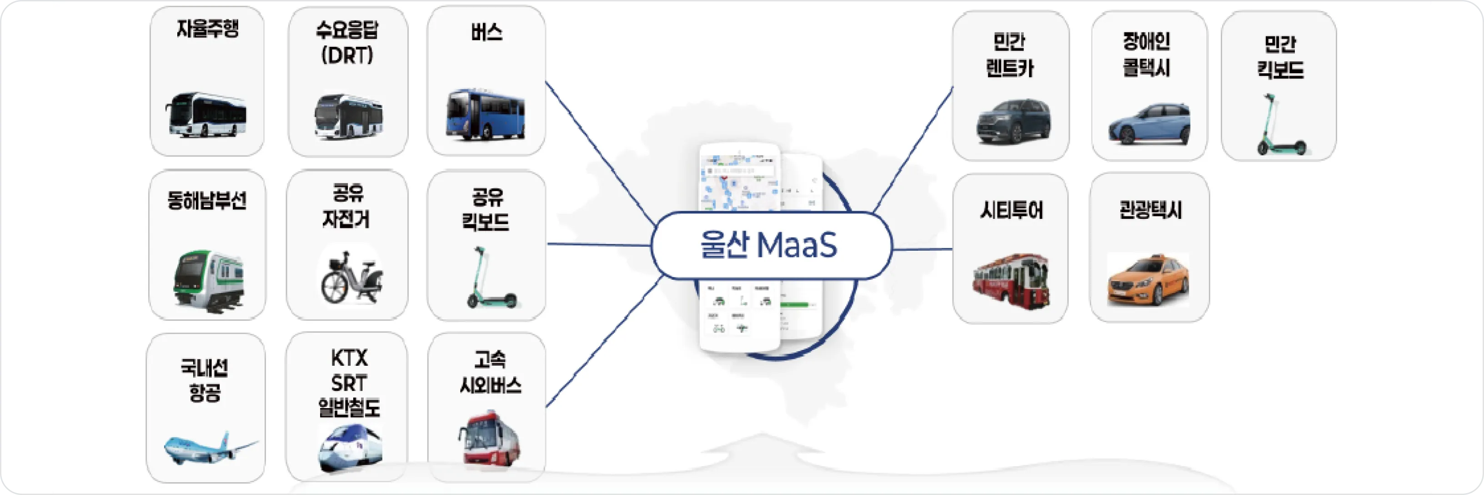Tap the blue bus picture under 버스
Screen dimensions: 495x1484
pos(485,115)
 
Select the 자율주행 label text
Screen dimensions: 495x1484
pos(207,28)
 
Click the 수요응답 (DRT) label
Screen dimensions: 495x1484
pos(347,43)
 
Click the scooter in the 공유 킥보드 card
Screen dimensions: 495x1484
pos(489,278)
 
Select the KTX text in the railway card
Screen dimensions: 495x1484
pos(349,359)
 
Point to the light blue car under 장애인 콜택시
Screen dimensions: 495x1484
pos(1149,124)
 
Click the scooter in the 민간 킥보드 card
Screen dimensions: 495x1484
pos(1280,125)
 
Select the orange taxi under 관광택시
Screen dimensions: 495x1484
pos(1148,281)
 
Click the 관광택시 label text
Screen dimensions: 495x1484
pos(1150,210)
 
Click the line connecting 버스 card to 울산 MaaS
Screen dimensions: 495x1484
pos(599,153)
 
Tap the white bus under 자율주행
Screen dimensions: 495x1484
pos(206,115)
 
